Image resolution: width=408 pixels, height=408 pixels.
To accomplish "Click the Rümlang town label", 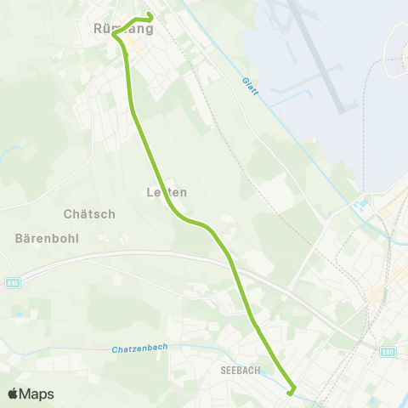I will [x=122, y=29].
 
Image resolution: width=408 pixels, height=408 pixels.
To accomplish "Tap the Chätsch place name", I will [x=89, y=214].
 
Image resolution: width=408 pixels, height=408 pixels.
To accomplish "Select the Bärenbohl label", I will [x=47, y=238].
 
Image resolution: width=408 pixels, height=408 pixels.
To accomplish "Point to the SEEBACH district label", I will [x=239, y=370].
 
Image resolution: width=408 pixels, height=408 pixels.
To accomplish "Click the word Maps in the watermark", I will [x=37, y=394].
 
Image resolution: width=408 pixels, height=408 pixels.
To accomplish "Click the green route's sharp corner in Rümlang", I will [x=115, y=35].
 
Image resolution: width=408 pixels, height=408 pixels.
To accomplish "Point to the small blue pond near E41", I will [x=19, y=313].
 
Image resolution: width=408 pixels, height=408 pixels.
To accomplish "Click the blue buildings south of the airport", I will [x=360, y=205].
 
